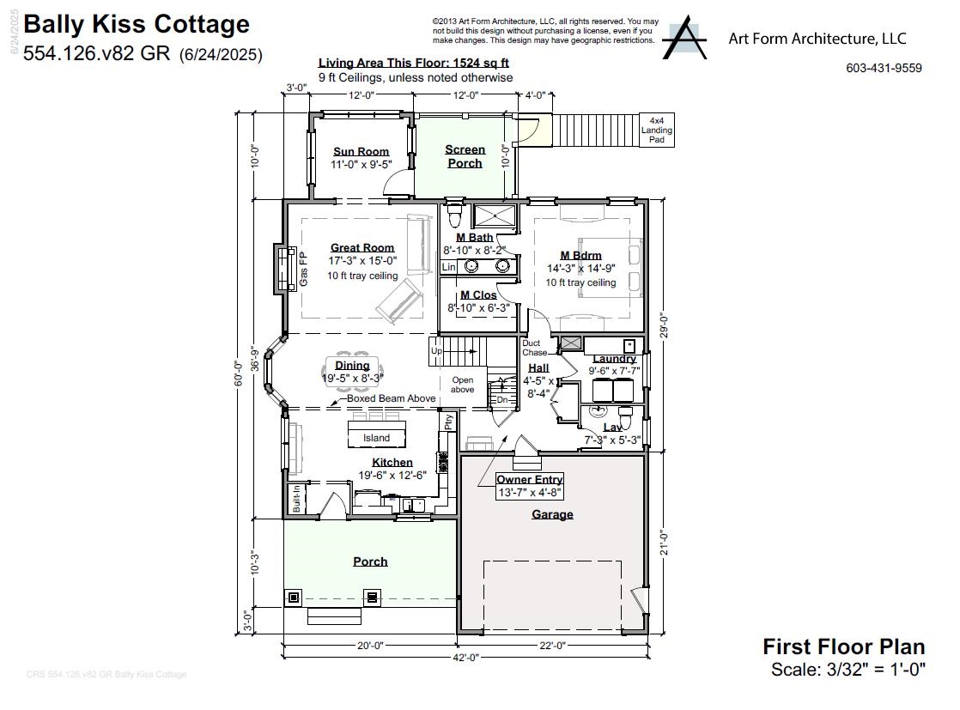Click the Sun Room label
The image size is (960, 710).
361,152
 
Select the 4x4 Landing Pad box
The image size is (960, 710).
657,130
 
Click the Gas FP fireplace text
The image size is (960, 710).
303,269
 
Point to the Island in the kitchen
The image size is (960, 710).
376,438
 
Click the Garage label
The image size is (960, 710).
552,514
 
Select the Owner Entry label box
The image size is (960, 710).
530,486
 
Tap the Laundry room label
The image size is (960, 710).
614,358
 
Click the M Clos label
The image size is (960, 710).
478,295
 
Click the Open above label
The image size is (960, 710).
463,385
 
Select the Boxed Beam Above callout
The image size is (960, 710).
391,398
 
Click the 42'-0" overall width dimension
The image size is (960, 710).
465,658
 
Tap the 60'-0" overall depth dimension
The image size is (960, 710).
240,378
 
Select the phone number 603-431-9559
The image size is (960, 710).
884,68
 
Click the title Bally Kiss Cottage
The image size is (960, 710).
137,24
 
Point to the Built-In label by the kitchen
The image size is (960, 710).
296,500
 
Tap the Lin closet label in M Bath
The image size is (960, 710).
448,267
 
